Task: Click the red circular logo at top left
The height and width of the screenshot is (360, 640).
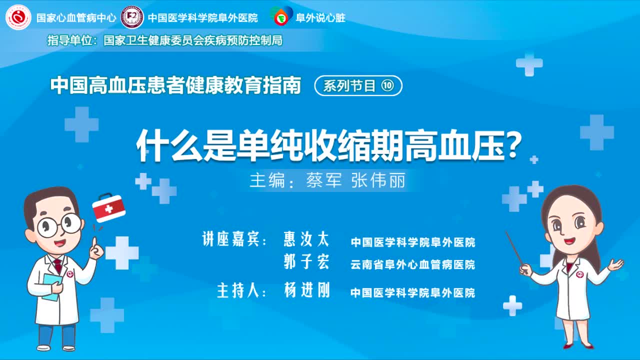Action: pos(18,17)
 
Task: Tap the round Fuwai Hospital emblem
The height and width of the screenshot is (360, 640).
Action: pos(132,17)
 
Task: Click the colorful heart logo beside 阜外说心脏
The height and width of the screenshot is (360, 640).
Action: pos(281,17)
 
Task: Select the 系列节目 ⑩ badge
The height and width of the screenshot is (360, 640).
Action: pos(358,86)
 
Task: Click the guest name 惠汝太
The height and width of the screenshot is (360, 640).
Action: pos(306,240)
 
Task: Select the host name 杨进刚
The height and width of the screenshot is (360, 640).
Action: pos(306,290)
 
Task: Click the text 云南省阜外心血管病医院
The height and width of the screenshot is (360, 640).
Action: pos(412,264)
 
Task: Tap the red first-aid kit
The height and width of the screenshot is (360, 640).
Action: pos(108,208)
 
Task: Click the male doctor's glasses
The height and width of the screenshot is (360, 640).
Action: pos(59,224)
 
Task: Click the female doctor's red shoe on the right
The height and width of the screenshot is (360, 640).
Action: pos(587,345)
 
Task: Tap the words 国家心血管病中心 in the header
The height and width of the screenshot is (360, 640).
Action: pos(76,18)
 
